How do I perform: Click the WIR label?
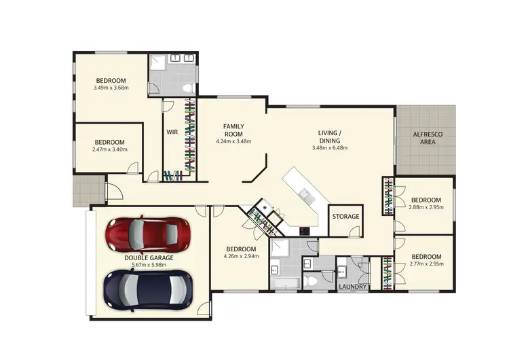tap(172, 132)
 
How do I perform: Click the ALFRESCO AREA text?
tap(428, 139)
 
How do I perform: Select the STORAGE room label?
tap(345, 217)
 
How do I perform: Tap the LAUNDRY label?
tap(353, 287)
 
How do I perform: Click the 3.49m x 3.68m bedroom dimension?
tap(111, 87)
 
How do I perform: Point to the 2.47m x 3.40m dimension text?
tap(109, 149)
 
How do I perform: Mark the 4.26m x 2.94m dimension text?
tap(242, 257)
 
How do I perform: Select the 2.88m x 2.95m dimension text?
tap(426, 208)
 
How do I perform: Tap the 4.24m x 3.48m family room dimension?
tap(234, 141)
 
